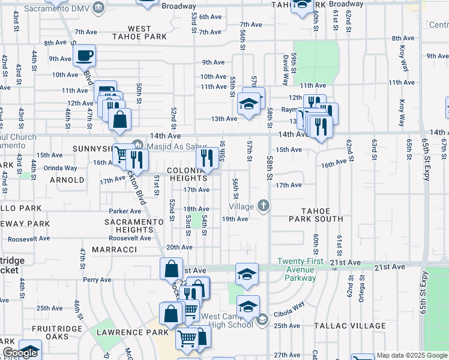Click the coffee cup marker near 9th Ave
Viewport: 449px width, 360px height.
click(x=85, y=56)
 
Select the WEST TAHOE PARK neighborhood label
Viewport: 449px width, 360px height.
click(x=139, y=32)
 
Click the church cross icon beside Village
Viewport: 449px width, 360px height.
click(x=263, y=206)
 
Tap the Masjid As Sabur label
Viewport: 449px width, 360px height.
click(x=175, y=144)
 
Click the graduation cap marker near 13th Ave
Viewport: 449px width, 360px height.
click(x=249, y=104)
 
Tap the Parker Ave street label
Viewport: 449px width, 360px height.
click(x=125, y=211)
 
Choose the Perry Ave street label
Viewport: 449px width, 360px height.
click(x=97, y=280)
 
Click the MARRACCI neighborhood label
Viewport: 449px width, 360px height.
click(x=114, y=249)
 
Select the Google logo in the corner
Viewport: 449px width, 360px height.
click(x=20, y=353)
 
